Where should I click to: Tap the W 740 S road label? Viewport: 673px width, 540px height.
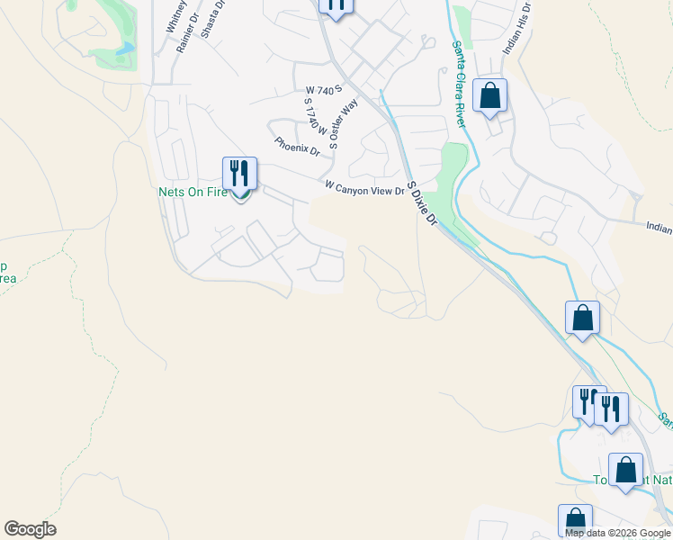[324, 90]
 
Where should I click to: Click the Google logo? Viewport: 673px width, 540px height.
[30, 529]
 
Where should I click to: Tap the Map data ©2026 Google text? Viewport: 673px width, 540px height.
[617, 532]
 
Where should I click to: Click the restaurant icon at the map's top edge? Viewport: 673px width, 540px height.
[336, 5]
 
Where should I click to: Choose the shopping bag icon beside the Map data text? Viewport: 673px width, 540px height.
[575, 519]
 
